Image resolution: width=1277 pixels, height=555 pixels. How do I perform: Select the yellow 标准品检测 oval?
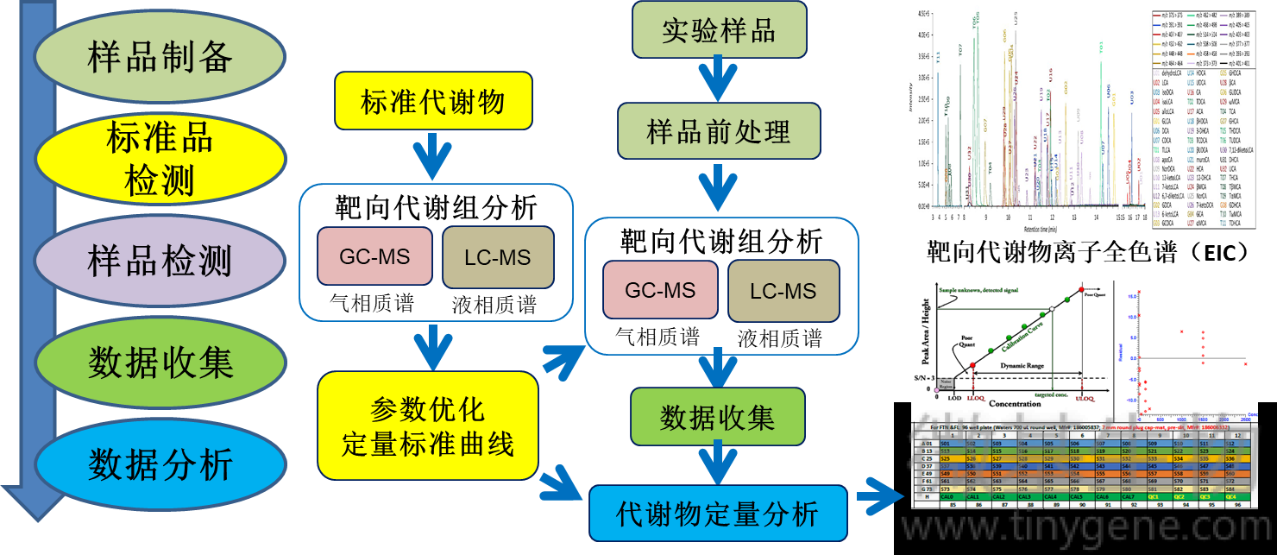point(160,158)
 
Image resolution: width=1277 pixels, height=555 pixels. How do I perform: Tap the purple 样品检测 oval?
point(160,261)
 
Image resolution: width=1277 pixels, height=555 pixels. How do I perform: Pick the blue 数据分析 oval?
point(160,464)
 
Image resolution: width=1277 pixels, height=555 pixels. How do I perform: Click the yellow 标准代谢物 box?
point(432,103)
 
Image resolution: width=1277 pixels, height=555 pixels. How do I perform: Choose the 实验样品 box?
point(718,30)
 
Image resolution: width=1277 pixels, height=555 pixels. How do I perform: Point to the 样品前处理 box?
point(718,133)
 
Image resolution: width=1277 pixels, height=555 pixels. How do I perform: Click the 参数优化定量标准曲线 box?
point(428,426)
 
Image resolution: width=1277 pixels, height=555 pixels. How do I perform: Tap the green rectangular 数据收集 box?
point(717,418)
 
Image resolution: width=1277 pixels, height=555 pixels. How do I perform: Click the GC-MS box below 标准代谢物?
point(374,256)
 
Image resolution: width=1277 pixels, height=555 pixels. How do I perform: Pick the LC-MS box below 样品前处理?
point(783,292)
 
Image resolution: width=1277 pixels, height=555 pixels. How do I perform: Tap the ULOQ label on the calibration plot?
point(1084,398)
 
